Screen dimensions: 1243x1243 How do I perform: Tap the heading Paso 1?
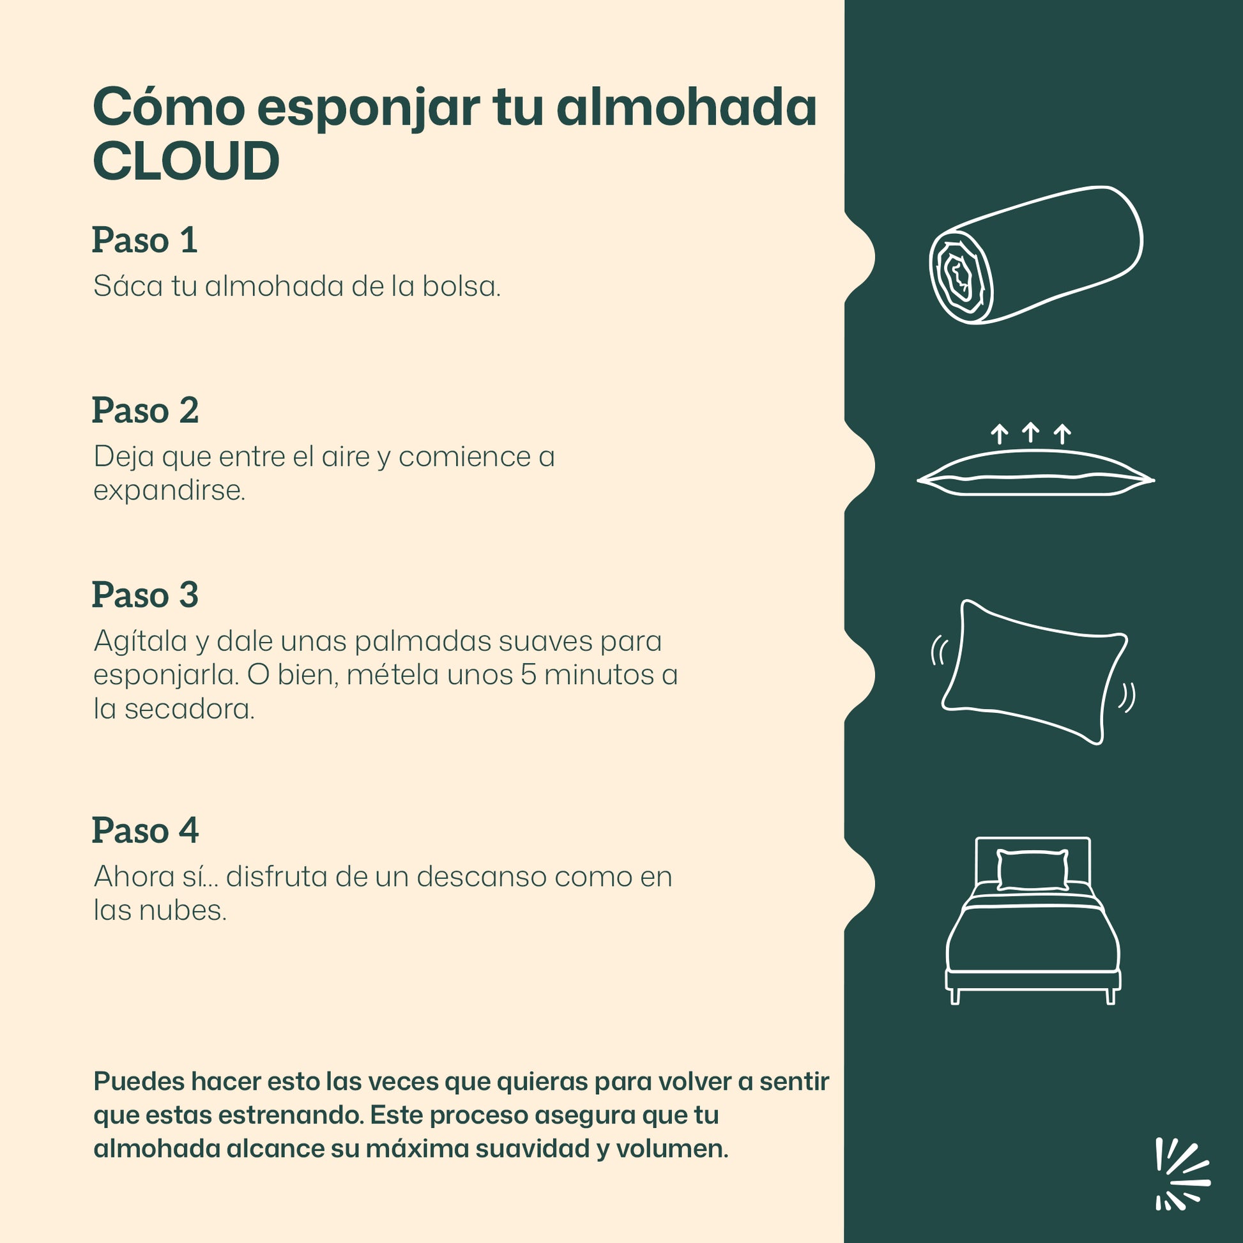point(145,241)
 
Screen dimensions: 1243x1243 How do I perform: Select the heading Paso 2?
point(146,411)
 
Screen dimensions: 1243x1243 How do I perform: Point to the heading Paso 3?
point(146,595)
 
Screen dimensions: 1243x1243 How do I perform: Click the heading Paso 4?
point(146,830)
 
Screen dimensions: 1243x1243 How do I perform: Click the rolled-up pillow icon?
point(1035,255)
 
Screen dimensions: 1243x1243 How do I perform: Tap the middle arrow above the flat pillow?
point(1031,432)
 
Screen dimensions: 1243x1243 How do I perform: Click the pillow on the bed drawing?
point(1033,870)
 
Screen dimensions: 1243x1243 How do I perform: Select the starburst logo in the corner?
point(1182,1182)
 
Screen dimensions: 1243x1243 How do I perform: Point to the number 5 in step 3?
point(528,675)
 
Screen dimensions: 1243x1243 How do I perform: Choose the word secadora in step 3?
point(189,709)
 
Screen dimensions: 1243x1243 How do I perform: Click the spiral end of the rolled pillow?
point(961,277)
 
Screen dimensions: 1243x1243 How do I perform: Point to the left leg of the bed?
point(955,996)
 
